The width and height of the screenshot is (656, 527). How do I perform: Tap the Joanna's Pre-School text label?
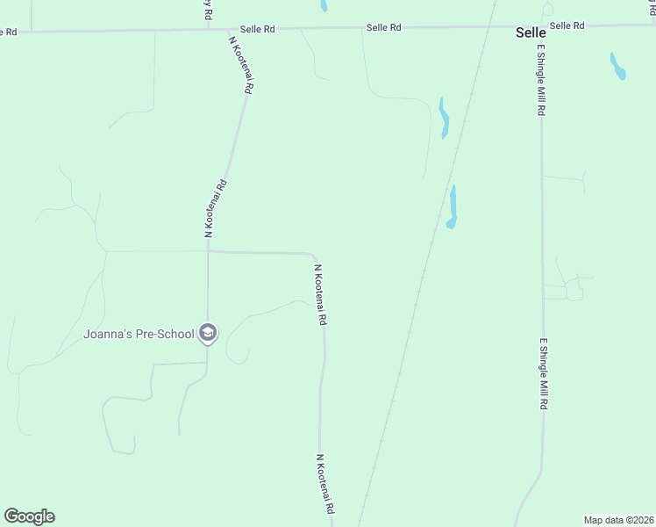click(x=139, y=334)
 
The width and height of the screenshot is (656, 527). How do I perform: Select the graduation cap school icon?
click(x=208, y=333)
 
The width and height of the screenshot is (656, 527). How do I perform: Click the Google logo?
click(x=29, y=516)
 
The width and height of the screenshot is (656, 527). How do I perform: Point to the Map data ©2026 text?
click(x=618, y=519)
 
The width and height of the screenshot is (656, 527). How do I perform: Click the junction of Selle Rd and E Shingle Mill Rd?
click(x=541, y=26)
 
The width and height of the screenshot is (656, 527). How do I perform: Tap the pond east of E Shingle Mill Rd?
click(x=618, y=67)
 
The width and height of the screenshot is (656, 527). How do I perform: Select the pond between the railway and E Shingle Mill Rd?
click(x=453, y=207)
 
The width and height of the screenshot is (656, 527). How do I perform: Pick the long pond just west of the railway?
click(x=443, y=118)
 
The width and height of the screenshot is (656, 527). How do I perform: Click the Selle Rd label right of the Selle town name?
click(x=567, y=26)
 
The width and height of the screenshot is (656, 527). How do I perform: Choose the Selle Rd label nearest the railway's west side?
click(x=384, y=28)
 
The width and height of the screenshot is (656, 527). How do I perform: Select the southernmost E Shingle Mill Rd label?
click(x=544, y=375)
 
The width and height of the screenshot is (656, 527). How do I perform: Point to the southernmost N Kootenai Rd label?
click(x=324, y=484)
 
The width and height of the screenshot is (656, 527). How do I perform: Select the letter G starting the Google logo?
click(x=11, y=516)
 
